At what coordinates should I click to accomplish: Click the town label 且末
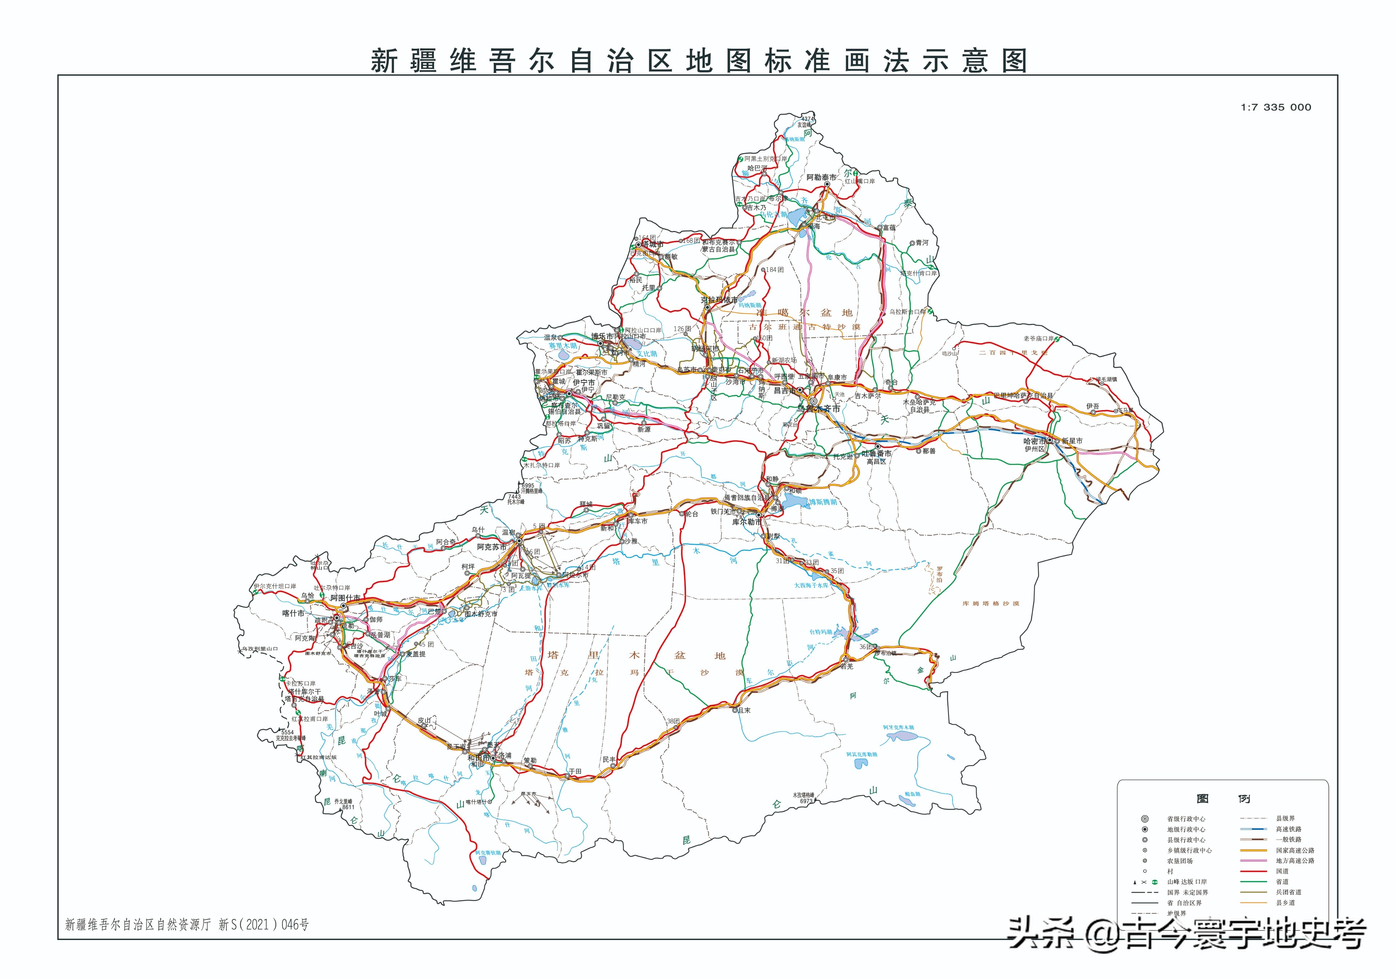pos(744,710)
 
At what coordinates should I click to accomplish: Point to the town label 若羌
pos(846,667)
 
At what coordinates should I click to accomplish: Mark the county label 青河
pos(922,243)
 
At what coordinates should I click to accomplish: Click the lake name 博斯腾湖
pos(823,502)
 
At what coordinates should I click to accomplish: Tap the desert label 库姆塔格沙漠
pos(990,604)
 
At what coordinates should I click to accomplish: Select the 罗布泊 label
pos(939,574)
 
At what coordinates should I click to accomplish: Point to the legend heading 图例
pos(1223,799)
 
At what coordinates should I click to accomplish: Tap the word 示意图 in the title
pos(974,61)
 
